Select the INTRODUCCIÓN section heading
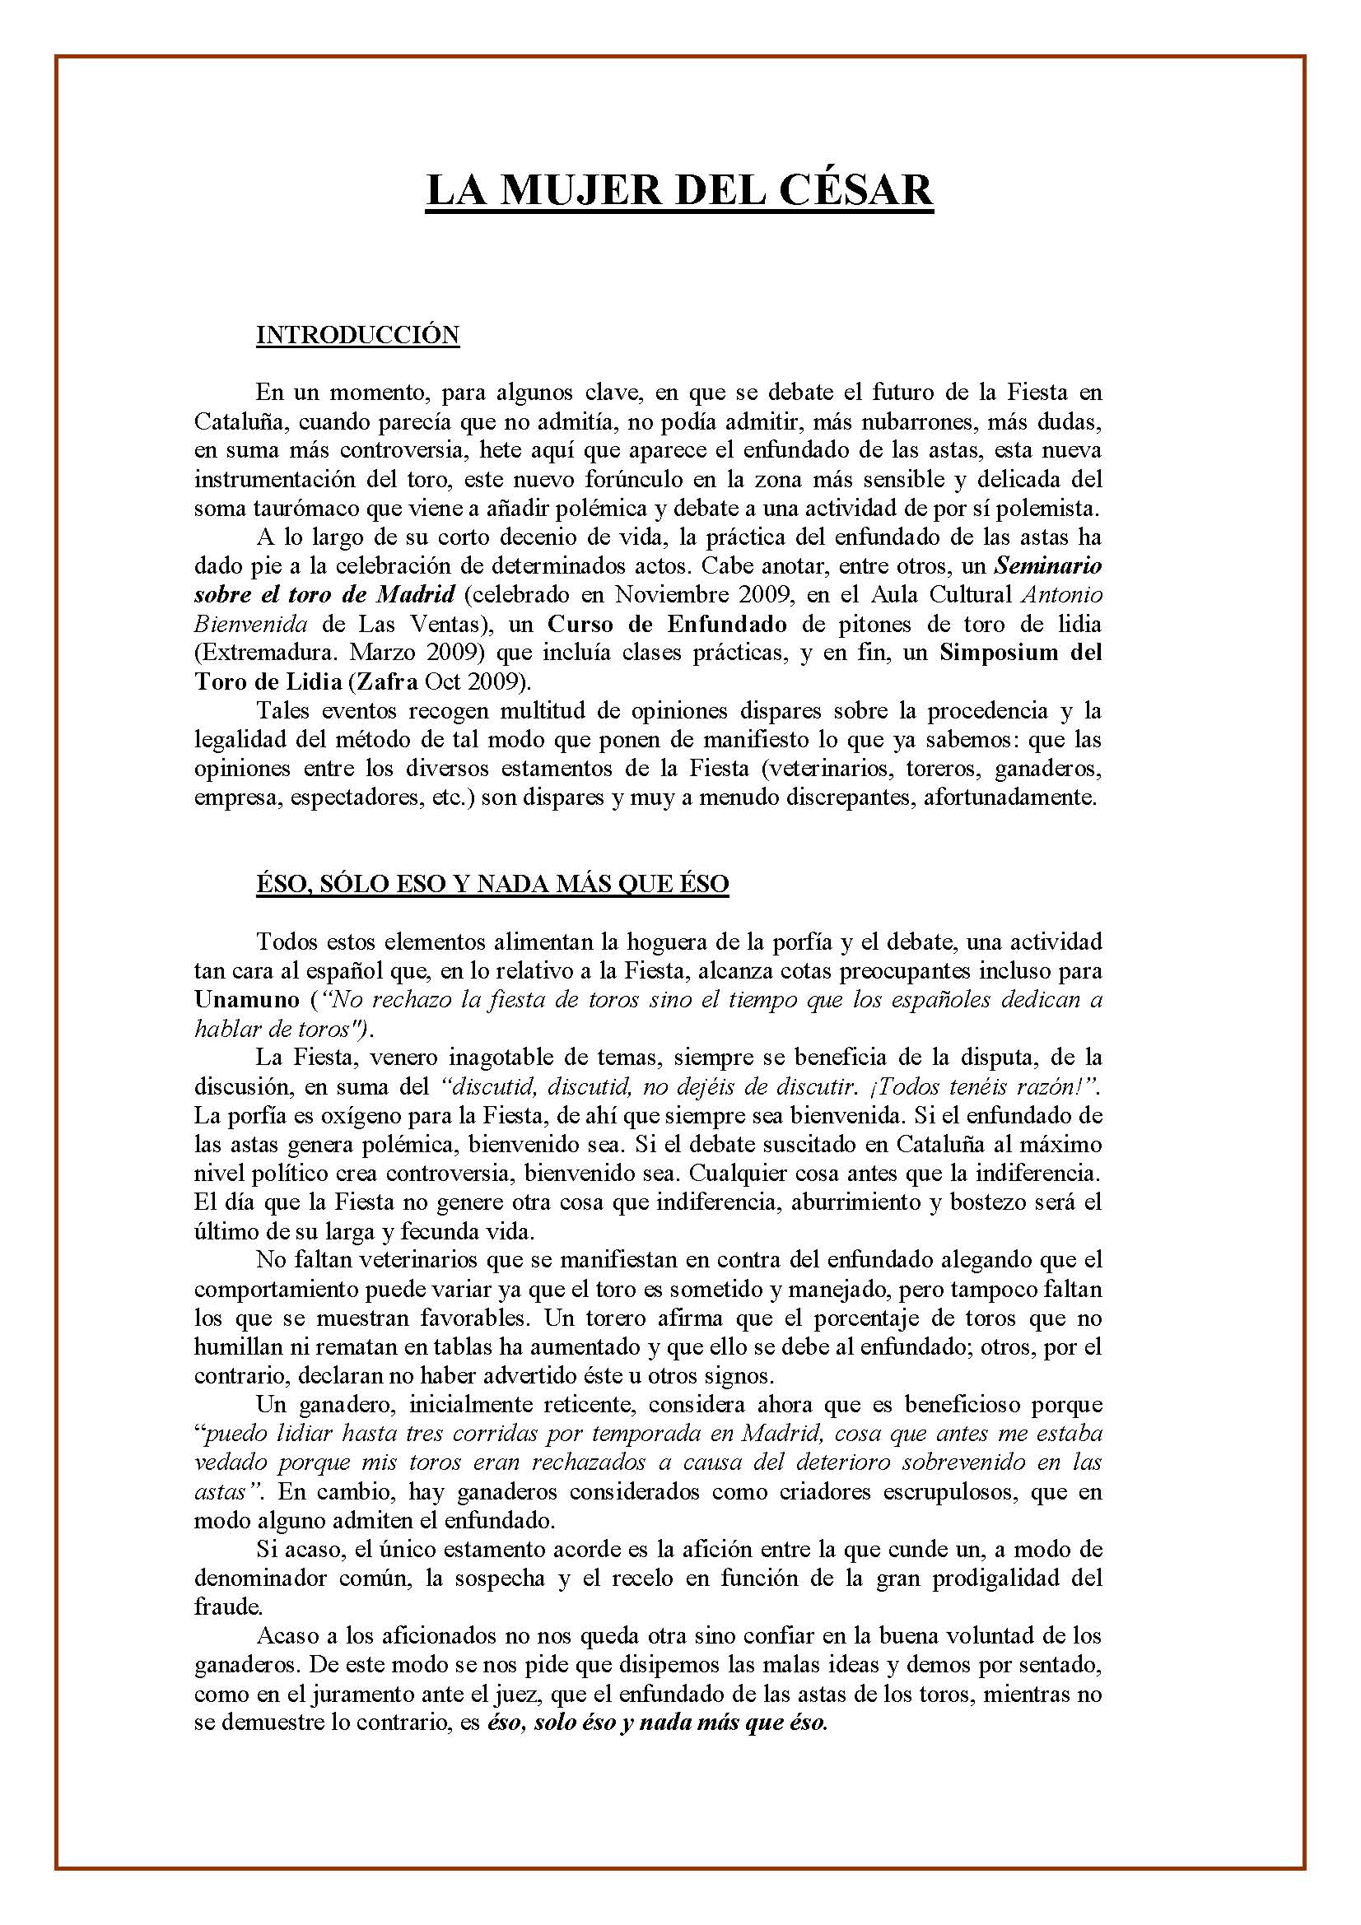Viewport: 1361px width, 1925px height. (x=357, y=335)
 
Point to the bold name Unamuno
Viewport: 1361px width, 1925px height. (x=245, y=999)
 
